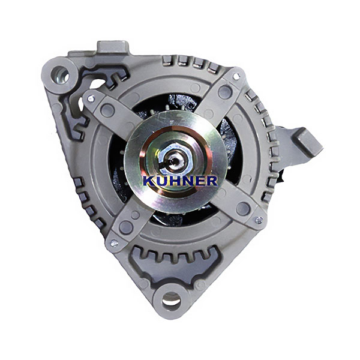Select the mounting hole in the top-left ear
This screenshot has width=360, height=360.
coord(59,75)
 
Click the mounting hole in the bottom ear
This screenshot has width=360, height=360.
coord(170,301)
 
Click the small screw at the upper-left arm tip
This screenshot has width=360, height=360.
coord(91,99)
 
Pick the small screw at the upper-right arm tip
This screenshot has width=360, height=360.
coord(236,76)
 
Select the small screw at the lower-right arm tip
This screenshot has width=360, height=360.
coord(259,220)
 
